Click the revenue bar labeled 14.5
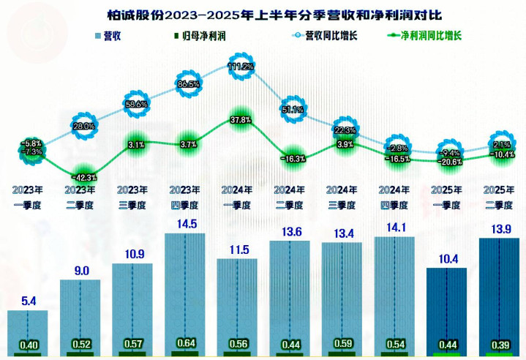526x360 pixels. click(184, 293)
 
